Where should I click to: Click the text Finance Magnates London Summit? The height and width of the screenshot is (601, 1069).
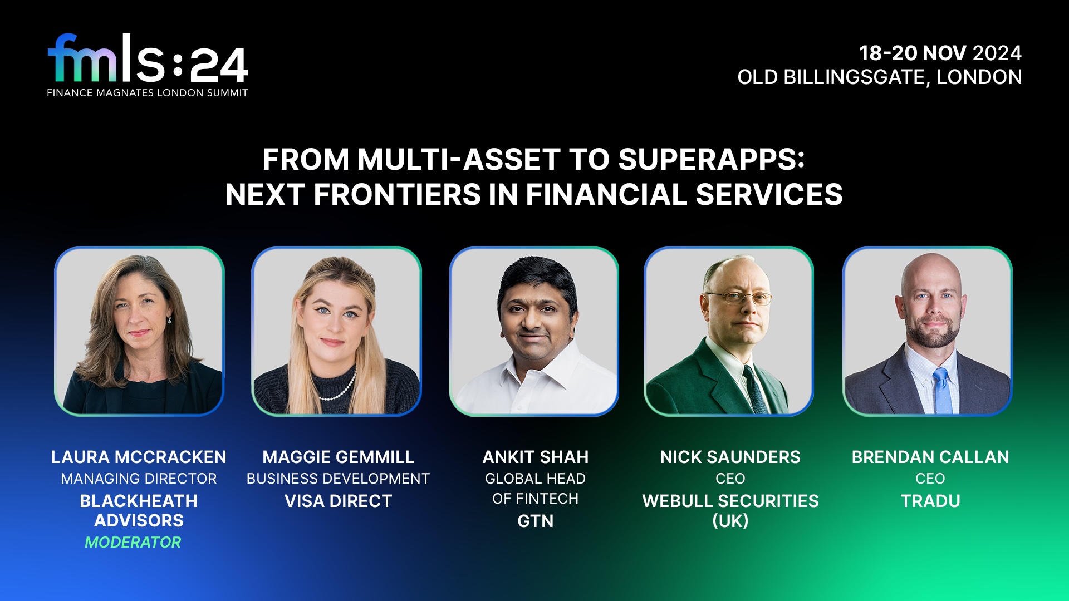click(148, 93)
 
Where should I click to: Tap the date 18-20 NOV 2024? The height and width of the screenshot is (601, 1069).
click(940, 53)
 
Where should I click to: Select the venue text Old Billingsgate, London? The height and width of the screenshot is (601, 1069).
click(879, 77)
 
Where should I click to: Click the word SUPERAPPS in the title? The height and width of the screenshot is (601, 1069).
click(711, 160)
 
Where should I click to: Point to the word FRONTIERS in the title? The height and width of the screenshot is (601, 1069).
click(398, 195)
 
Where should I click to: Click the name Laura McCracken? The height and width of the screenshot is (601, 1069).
click(139, 457)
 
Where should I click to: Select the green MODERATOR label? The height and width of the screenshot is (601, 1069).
click(133, 542)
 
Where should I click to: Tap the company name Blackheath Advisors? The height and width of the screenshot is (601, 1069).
click(139, 510)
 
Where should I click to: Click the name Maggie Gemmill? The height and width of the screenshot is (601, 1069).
click(338, 457)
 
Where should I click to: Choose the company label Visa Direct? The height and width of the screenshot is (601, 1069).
click(338, 501)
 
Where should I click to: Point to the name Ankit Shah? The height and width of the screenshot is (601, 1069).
click(535, 457)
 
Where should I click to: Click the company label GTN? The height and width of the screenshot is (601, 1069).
click(535, 521)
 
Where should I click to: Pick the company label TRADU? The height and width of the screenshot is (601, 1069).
click(930, 501)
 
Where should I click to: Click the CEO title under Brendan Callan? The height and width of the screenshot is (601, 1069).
click(930, 479)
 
